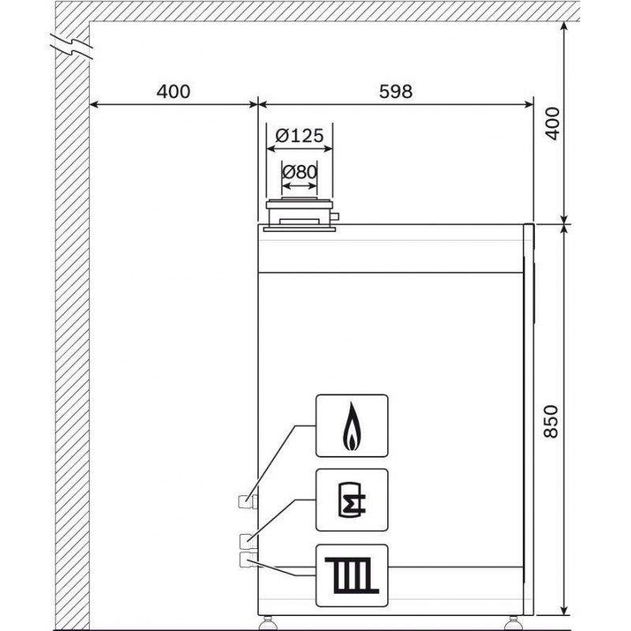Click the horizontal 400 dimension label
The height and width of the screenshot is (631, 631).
(x=173, y=91)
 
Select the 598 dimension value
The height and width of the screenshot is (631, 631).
(x=396, y=91)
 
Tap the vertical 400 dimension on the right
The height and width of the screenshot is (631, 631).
(x=552, y=124)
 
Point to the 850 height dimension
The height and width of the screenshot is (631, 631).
(x=551, y=421)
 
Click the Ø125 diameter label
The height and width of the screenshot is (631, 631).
(x=300, y=136)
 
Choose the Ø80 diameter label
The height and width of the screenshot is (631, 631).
(x=300, y=172)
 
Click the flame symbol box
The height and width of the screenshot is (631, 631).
(x=352, y=426)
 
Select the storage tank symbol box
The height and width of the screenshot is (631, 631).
(x=352, y=500)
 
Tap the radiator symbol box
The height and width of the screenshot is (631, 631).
(x=352, y=576)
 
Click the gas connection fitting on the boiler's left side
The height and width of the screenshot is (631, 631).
(x=248, y=502)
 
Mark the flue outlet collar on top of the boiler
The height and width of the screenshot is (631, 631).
(x=300, y=215)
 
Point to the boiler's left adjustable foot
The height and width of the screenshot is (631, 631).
(x=267, y=622)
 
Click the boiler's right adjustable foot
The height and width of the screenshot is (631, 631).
(x=512, y=622)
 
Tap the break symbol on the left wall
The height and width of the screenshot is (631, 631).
(x=72, y=47)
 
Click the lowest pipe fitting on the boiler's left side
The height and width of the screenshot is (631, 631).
(x=248, y=560)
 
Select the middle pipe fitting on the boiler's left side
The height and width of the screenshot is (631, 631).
(x=248, y=541)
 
